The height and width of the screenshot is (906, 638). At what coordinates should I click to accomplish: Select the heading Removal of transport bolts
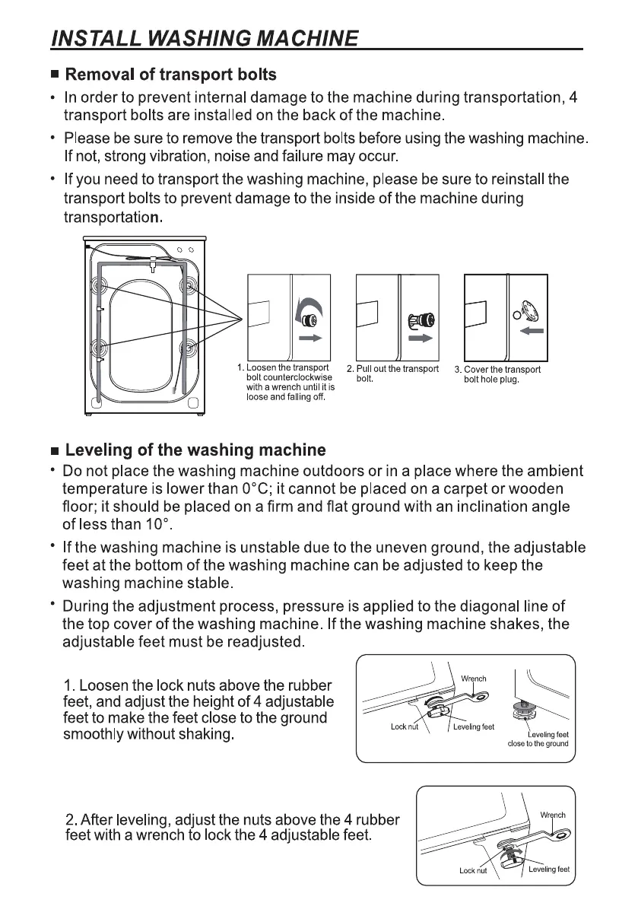click(x=170, y=75)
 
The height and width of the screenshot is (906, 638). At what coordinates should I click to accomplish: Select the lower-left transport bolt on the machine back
click(x=100, y=348)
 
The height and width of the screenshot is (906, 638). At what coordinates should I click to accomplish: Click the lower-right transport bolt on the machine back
click(x=186, y=348)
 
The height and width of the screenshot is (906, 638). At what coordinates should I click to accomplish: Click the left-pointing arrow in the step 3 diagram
click(x=531, y=332)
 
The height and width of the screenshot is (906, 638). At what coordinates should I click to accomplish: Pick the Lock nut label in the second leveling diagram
click(x=473, y=871)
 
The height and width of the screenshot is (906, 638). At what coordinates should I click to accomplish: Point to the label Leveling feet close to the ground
click(x=538, y=739)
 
